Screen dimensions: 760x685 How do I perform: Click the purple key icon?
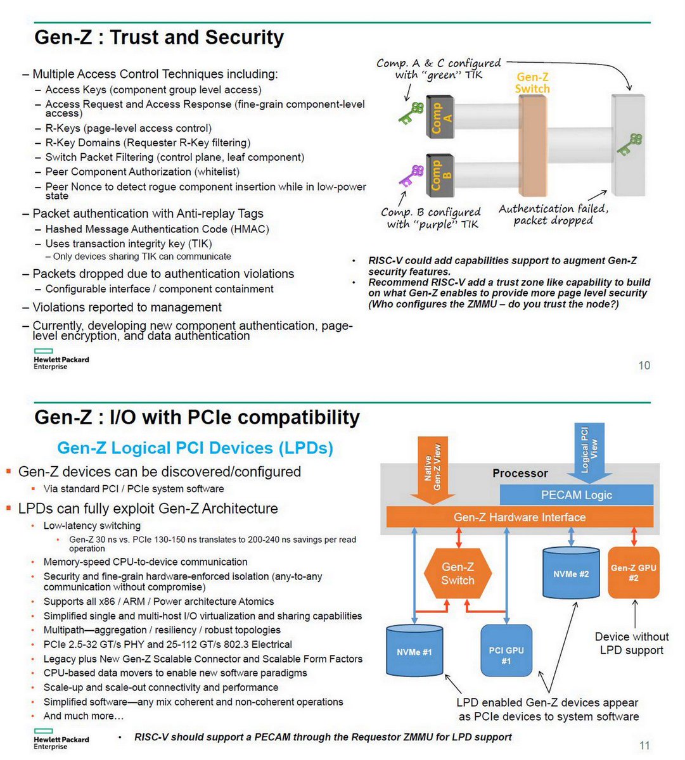[411, 175]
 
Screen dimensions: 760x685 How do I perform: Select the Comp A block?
[439, 117]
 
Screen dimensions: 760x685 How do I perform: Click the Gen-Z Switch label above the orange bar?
[532, 83]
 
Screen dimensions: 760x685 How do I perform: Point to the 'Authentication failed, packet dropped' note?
[553, 214]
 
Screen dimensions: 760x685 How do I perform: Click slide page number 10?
[644, 365]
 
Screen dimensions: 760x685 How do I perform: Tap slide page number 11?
[644, 745]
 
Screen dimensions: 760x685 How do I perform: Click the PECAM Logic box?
[576, 495]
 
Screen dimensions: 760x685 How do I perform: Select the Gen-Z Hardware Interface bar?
[520, 517]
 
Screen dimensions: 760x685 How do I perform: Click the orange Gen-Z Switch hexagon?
[458, 574]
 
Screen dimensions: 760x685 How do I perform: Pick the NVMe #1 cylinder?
[414, 651]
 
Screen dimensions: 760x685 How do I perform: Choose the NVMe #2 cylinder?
[571, 573]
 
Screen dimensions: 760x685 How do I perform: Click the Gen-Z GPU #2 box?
[633, 573]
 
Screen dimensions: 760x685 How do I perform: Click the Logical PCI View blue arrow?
[589, 451]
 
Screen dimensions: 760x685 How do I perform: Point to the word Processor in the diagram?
[520, 473]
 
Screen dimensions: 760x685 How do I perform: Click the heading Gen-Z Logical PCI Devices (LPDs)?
[195, 448]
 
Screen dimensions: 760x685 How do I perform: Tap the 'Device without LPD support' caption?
[631, 643]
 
